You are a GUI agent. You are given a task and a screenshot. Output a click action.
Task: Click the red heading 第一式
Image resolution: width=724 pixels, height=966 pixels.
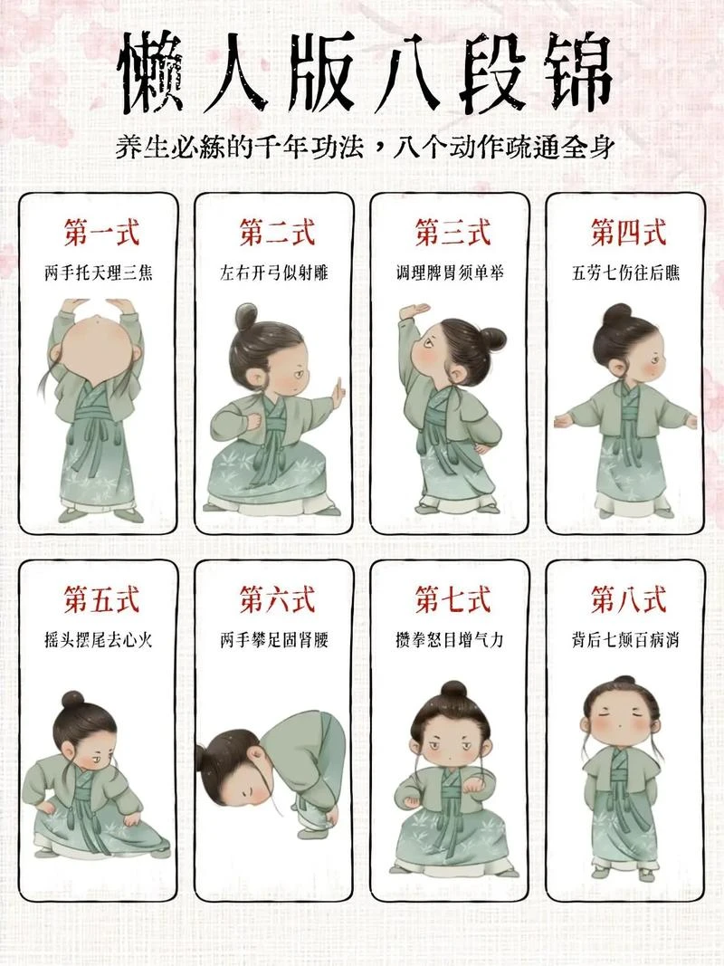click(101, 233)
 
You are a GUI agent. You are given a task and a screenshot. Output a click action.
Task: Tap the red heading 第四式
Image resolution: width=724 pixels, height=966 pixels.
click(629, 233)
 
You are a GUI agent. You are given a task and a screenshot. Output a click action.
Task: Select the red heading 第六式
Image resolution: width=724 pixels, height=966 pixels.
click(277, 599)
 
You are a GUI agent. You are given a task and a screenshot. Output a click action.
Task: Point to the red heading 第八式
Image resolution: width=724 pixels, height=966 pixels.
click(629, 599)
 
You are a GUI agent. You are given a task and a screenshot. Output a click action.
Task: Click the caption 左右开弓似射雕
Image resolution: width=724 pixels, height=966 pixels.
click(274, 273)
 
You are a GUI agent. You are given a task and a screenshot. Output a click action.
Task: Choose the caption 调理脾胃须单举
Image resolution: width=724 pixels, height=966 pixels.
click(450, 273)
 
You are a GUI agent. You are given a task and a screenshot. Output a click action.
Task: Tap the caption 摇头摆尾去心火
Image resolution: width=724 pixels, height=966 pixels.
click(99, 639)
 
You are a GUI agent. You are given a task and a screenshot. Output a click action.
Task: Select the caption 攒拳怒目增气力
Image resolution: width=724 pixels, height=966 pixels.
click(450, 639)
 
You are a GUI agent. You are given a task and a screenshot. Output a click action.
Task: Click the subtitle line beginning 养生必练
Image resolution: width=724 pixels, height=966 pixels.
click(365, 148)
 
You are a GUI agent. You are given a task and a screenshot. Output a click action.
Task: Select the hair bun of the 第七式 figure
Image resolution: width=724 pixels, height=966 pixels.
click(453, 690)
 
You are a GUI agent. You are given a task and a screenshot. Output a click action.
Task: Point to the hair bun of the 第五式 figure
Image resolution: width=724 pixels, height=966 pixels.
click(72, 699)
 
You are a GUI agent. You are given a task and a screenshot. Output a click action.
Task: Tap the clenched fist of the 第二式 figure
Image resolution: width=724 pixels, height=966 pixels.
click(253, 423)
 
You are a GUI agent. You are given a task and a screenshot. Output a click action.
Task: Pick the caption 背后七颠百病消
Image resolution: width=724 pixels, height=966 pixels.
click(625, 639)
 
